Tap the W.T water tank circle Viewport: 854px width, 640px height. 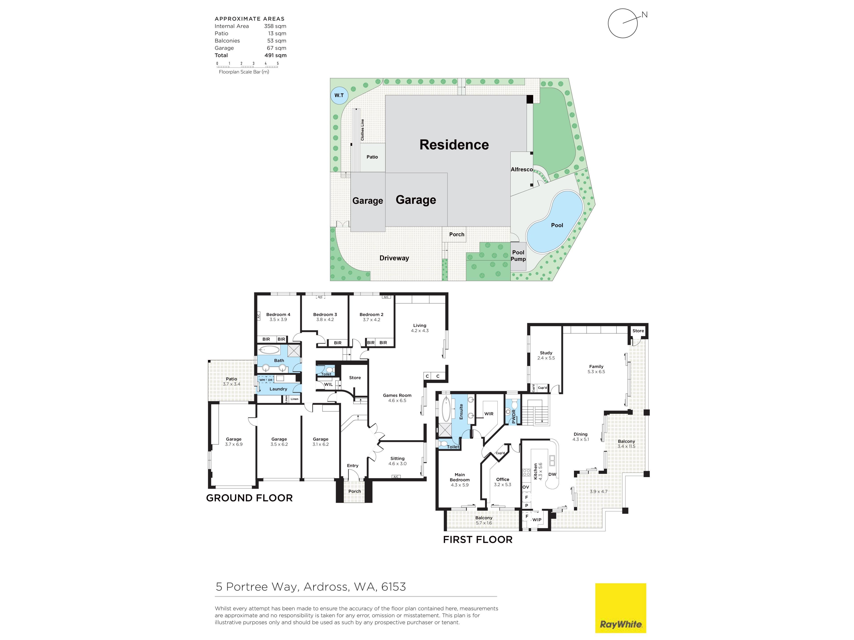click(339, 95)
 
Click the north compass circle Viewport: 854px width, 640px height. click(622, 23)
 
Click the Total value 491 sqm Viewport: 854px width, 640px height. click(275, 55)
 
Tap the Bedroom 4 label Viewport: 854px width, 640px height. click(278, 314)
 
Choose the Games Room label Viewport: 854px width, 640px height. click(397, 395)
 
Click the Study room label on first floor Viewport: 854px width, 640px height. click(546, 353)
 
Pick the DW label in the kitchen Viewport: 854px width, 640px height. click(552, 474)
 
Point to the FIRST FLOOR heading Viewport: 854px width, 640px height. click(477, 539)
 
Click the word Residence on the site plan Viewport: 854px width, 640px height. click(454, 145)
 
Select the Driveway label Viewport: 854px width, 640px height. click(394, 258)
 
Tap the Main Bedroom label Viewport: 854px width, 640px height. click(459, 477)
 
